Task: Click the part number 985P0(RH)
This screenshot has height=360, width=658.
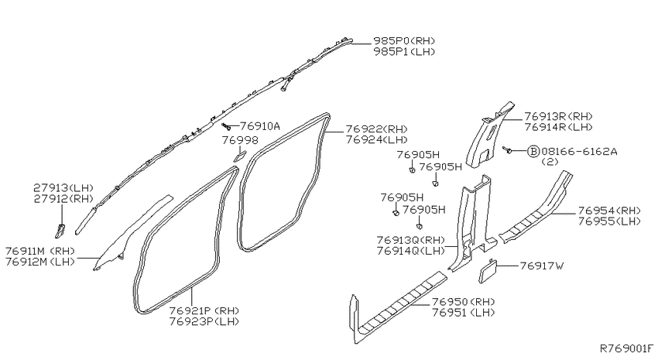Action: pos(404,41)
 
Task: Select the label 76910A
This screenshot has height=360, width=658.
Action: pos(260,126)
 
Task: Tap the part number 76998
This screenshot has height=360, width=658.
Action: pos(240,139)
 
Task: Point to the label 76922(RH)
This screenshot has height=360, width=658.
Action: pos(376,129)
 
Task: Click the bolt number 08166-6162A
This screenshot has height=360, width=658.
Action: pos(579,151)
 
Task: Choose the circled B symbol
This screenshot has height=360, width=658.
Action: pos(533,151)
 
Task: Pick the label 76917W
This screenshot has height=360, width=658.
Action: pos(542,266)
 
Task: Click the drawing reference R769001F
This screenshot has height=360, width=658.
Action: pos(626,348)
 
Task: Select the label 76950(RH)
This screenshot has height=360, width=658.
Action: pos(463,302)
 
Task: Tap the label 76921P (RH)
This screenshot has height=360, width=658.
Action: pos(204,311)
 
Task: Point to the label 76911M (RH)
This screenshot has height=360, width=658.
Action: pos(39,251)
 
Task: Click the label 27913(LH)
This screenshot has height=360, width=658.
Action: pos(63,188)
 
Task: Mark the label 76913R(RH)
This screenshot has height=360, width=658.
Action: pos(559,116)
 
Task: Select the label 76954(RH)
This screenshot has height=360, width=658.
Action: pos(609,211)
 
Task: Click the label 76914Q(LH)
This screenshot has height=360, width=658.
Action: pos(410,251)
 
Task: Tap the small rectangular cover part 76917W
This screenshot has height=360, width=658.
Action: pos(488,272)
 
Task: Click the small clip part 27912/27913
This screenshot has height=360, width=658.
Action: pos(60,231)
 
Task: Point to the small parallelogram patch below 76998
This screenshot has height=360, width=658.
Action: pos(240,156)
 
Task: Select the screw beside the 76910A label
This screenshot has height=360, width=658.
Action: pos(227,125)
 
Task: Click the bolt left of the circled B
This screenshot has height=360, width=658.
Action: pos(507,149)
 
